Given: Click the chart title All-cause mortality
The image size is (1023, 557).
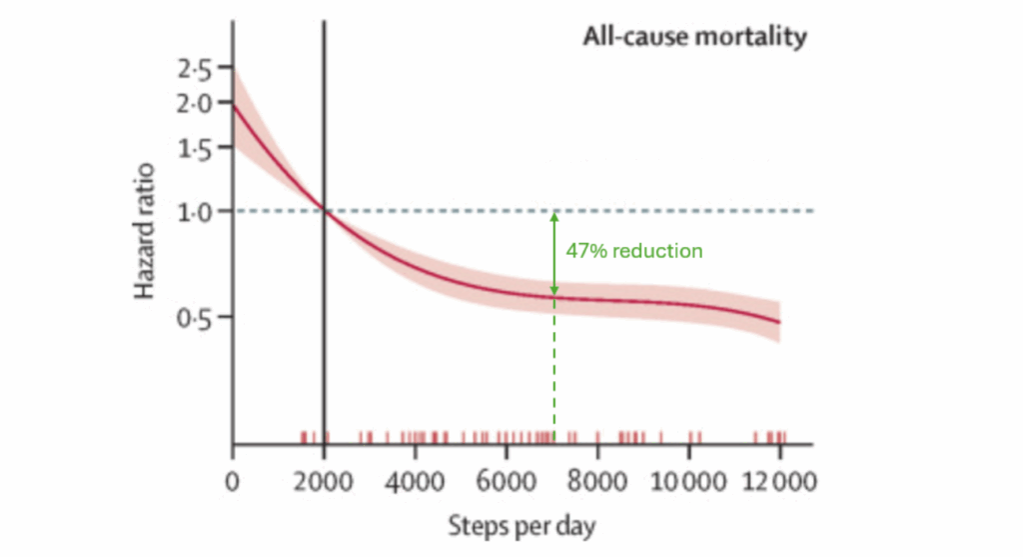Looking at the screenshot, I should pyautogui.click(x=694, y=38).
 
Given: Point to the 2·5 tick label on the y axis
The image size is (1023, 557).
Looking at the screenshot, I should pyautogui.click(x=196, y=71).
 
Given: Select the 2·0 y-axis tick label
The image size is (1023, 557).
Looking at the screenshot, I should pyautogui.click(x=196, y=103).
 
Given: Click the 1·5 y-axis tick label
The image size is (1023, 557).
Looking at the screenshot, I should pyautogui.click(x=196, y=150).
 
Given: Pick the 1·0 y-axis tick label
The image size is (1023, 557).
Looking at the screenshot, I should pyautogui.click(x=196, y=211).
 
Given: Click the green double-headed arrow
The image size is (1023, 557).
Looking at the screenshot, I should pyautogui.click(x=554, y=252).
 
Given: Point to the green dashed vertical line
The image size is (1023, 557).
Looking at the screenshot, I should pyautogui.click(x=554, y=370).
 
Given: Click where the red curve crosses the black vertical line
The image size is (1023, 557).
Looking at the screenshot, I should pyautogui.click(x=324, y=210).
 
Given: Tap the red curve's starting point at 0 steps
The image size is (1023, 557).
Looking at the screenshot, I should pyautogui.click(x=234, y=104).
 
